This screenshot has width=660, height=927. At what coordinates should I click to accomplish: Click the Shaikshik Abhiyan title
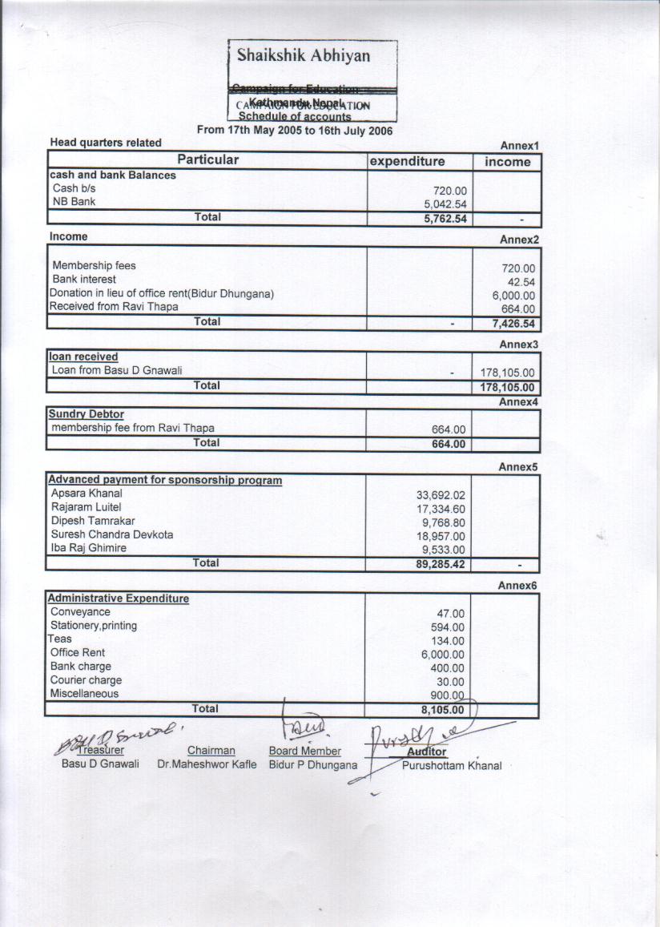pyautogui.click(x=304, y=56)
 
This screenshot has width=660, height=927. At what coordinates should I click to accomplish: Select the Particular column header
pyautogui.click(x=207, y=160)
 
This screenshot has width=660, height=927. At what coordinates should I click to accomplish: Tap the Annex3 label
pyautogui.click(x=519, y=345)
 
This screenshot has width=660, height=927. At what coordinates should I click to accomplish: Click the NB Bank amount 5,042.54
pyautogui.click(x=445, y=204)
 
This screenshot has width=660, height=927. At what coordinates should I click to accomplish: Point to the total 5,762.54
pyautogui.click(x=445, y=219)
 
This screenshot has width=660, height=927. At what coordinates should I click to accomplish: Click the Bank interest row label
pyautogui.click(x=84, y=280)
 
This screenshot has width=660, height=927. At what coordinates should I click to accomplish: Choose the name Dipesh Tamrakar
pyautogui.click(x=93, y=521)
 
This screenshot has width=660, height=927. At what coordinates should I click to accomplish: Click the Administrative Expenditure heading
pyautogui.click(x=119, y=599)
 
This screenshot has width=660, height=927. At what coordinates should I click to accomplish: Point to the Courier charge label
pyautogui.click(x=86, y=680)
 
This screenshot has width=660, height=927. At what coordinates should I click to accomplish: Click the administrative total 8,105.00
pyautogui.click(x=443, y=710)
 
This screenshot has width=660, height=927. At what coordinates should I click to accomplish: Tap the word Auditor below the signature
pyautogui.click(x=426, y=752)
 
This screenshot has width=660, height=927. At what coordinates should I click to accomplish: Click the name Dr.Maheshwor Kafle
pyautogui.click(x=207, y=764)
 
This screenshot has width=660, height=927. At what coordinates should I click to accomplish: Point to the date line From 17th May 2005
pyautogui.click(x=295, y=130)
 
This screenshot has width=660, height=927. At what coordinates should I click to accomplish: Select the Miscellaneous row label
pyautogui.click(x=84, y=694)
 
